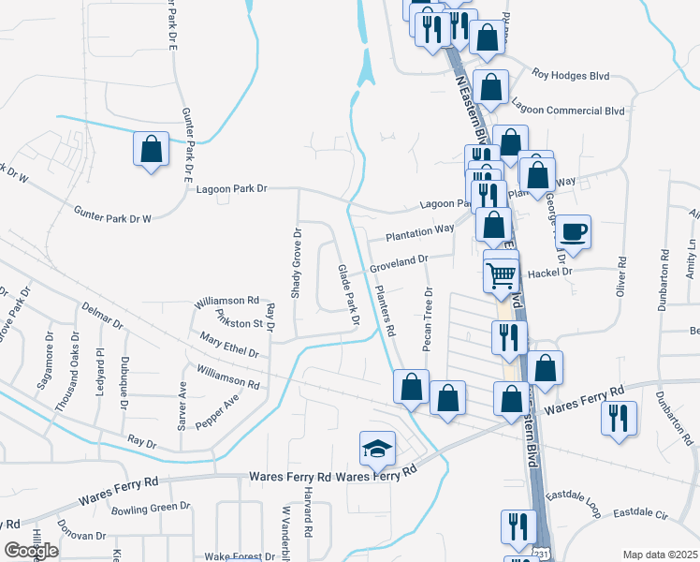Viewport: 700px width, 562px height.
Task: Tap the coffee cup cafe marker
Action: (x=573, y=230)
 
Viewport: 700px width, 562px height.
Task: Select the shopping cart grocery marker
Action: (x=502, y=274)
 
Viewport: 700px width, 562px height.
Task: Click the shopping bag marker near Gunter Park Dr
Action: (x=150, y=149)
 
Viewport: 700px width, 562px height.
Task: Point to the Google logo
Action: (x=31, y=551)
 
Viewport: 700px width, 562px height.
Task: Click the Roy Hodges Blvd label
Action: (x=570, y=73)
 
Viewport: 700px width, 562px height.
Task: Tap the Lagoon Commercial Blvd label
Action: (x=576, y=111)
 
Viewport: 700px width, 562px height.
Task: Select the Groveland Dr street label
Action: (x=398, y=266)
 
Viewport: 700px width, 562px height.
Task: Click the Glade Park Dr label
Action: (x=348, y=294)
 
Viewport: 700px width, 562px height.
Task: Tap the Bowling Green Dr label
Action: (x=151, y=507)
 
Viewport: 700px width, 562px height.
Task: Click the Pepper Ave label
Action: (x=217, y=411)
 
